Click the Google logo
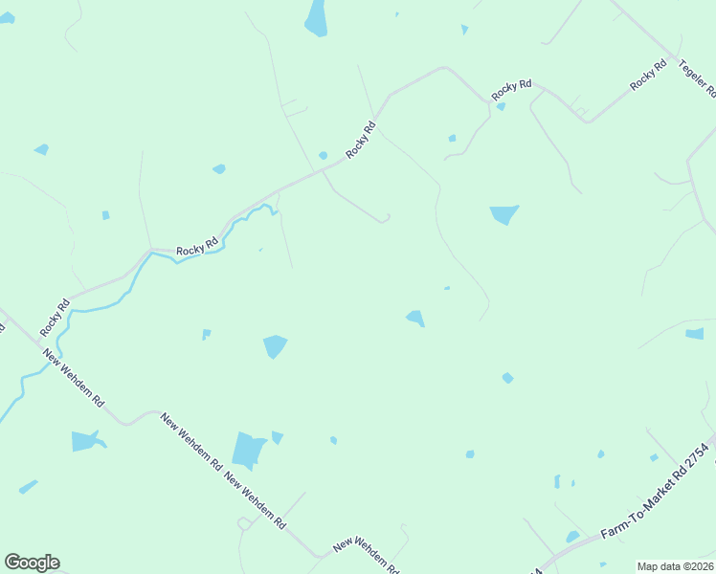coord(32,563)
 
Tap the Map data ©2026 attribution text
coord(674,566)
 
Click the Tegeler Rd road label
coord(698,77)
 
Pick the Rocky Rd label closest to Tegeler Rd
coord(649,77)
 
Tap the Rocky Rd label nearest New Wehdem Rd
coord(56,319)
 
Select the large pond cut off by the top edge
coord(316,17)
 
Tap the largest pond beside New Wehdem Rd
coord(248,450)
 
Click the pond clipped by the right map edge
coord(695,334)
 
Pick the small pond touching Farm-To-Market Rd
coord(571,537)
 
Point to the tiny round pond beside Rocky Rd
coord(323,155)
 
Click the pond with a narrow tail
coord(86,441)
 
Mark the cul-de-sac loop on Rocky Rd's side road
coord(385,219)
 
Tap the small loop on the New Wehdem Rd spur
coord(243,523)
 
